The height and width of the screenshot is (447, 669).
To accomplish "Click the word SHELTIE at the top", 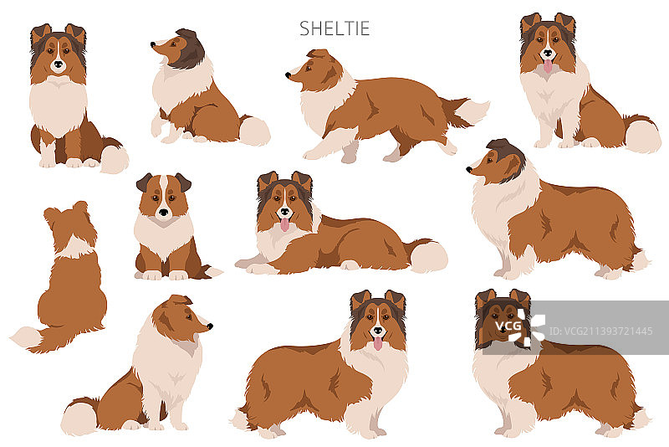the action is [334, 28].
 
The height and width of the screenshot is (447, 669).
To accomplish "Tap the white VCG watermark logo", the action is [520, 327].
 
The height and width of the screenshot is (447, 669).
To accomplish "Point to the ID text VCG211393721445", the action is [600, 331].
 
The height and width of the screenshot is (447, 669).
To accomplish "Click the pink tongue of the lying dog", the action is [284, 224].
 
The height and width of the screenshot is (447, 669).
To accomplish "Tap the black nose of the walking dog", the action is [288, 75].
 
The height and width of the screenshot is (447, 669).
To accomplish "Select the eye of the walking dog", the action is [308, 69].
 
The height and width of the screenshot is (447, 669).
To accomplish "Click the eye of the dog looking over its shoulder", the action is [173, 44].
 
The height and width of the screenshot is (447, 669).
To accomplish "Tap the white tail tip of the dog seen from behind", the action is [27, 337].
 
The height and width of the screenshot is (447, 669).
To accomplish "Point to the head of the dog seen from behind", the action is [70, 224].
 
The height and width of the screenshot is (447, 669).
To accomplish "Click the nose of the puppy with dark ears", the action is [163, 212].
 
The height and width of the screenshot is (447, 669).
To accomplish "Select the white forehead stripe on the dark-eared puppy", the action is [163, 193].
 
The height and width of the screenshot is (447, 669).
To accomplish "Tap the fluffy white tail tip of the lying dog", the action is [428, 257].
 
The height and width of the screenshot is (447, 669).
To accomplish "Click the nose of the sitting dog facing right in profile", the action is [210, 326].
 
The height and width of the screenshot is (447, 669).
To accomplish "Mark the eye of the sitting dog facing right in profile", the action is [188, 316].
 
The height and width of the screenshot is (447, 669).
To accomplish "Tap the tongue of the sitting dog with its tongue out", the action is [548, 66].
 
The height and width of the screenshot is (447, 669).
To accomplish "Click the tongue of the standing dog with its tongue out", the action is [378, 343].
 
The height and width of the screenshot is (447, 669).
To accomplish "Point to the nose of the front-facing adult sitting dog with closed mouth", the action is [58, 65].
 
